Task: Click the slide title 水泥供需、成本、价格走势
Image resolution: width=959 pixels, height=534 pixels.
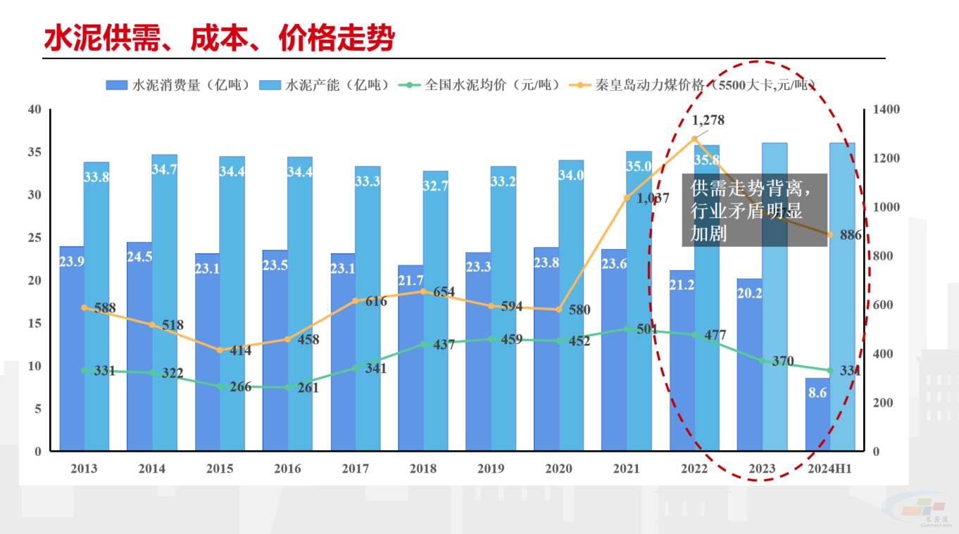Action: pyautogui.click(x=219, y=39)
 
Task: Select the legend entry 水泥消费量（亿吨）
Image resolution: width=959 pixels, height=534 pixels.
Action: pyautogui.click(x=180, y=85)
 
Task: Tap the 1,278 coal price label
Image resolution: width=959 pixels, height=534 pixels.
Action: pyautogui.click(x=708, y=120)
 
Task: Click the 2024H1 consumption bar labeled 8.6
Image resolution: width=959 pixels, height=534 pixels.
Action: pyautogui.click(x=817, y=415)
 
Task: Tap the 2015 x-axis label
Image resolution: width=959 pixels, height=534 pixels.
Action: pyautogui.click(x=220, y=469)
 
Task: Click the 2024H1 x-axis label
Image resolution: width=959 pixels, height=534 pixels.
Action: pyautogui.click(x=829, y=469)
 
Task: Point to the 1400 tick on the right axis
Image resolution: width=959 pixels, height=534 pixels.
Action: pyautogui.click(x=886, y=110)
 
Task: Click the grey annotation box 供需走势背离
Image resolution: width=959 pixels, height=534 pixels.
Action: pyautogui.click(x=754, y=210)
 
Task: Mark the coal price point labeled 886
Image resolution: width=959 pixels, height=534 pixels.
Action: pyautogui.click(x=830, y=235)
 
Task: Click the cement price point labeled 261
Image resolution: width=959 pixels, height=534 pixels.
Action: pyautogui.click(x=287, y=387)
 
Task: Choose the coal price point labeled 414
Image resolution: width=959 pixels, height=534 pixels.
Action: pyautogui.click(x=219, y=350)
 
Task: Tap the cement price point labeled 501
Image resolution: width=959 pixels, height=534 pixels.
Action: pyautogui.click(x=627, y=329)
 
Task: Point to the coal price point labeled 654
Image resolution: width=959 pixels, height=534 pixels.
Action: pyautogui.click(x=423, y=291)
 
